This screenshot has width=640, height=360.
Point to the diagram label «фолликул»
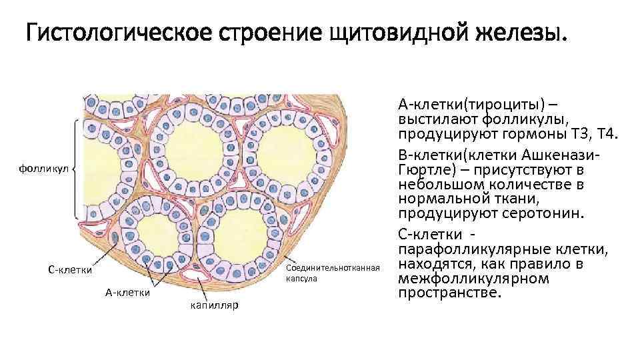coord(44,169)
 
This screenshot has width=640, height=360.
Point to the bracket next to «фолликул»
coord(78,169)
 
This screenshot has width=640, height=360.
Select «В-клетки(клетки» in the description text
coord(460,153)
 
